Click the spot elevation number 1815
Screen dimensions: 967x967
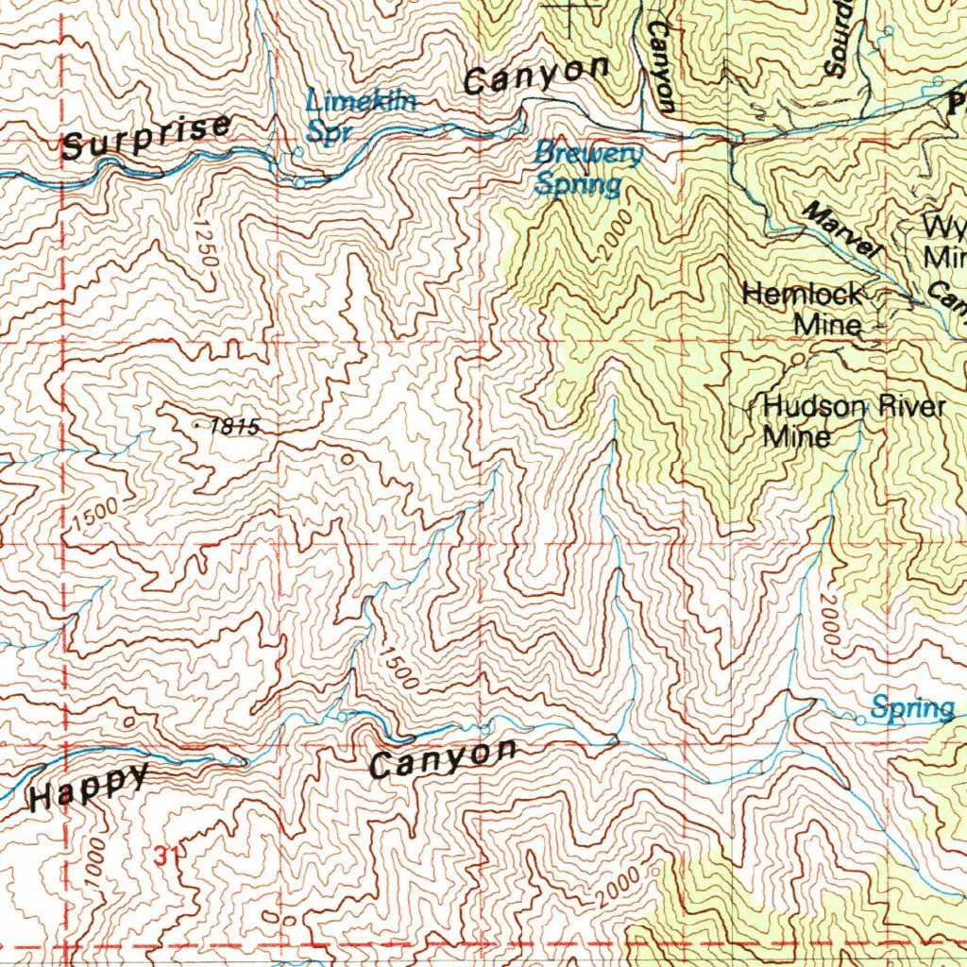pyautogui.click(x=232, y=427)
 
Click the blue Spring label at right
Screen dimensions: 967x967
pyautogui.click(x=912, y=708)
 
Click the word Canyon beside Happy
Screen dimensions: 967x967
pyautogui.click(x=443, y=759)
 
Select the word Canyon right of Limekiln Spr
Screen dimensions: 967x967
pyautogui.click(x=536, y=76)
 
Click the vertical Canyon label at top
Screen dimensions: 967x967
pyautogui.click(x=661, y=66)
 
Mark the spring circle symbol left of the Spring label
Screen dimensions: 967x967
pyautogui.click(x=860, y=721)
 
